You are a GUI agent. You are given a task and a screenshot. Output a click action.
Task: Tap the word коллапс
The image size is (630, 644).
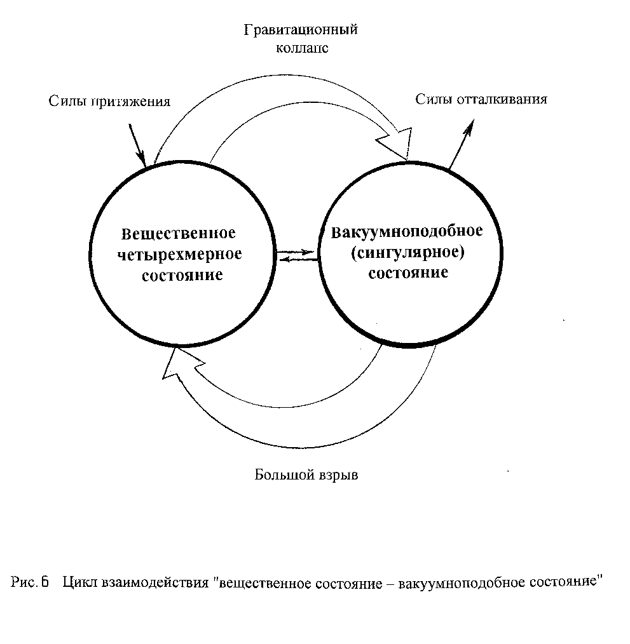point(302,48)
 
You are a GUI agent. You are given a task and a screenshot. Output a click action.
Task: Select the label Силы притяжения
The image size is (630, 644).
point(109,102)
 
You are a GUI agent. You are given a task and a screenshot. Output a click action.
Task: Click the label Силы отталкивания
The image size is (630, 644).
point(481,99)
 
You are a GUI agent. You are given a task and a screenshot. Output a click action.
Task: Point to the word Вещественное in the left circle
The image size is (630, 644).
point(179,233)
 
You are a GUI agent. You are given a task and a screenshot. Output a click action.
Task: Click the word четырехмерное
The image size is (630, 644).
point(180,254)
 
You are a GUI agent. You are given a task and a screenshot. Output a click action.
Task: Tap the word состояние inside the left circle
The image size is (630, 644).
point(182,275)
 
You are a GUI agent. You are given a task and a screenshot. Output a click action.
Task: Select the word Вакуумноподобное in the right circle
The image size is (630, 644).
point(407,232)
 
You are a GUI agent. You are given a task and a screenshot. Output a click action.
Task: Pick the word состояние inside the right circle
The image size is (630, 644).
point(408,272)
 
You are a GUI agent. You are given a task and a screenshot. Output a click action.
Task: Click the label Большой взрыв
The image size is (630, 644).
point(306,475)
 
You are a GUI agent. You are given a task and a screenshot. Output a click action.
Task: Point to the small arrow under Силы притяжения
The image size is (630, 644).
point(137,145)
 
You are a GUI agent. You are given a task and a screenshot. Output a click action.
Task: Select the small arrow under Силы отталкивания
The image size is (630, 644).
point(462,144)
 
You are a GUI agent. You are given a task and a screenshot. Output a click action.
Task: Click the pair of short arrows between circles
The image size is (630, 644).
point(297,255)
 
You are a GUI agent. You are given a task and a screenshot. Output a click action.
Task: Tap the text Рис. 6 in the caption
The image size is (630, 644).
point(30,582)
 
